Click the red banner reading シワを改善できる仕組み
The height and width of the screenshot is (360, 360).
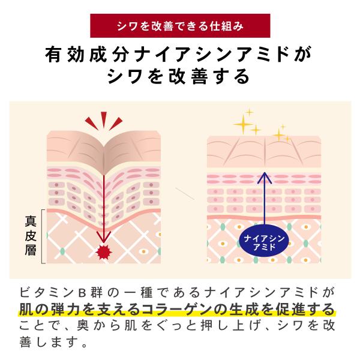(x=180, y=27)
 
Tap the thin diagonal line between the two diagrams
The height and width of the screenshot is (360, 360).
(x=183, y=193)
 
